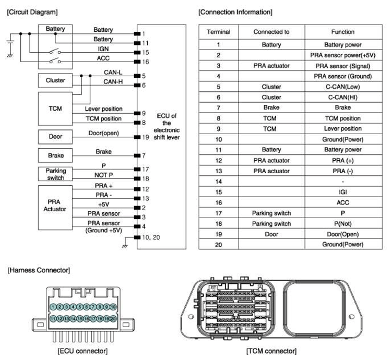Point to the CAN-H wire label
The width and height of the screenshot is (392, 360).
(x=113, y=82)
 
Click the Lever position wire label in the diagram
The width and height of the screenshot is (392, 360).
(x=104, y=109)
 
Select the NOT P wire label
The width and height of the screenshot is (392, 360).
(x=104, y=175)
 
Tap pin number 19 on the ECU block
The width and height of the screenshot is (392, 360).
(x=146, y=137)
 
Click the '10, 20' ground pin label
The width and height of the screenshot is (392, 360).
(x=151, y=237)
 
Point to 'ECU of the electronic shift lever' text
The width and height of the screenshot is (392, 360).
(x=167, y=127)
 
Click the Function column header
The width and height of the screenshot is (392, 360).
(x=343, y=32)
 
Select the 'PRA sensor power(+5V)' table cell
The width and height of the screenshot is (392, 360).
(x=343, y=55)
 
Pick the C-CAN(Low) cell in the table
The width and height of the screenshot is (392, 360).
(x=343, y=87)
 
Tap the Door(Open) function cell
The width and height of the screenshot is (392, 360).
(x=343, y=234)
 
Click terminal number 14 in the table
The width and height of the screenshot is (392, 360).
(x=219, y=182)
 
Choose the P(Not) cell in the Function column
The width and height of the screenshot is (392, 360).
(x=343, y=224)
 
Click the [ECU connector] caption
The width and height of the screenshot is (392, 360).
(x=83, y=351)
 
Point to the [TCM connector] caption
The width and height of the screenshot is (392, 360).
(x=271, y=351)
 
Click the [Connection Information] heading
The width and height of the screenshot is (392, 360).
(x=235, y=12)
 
